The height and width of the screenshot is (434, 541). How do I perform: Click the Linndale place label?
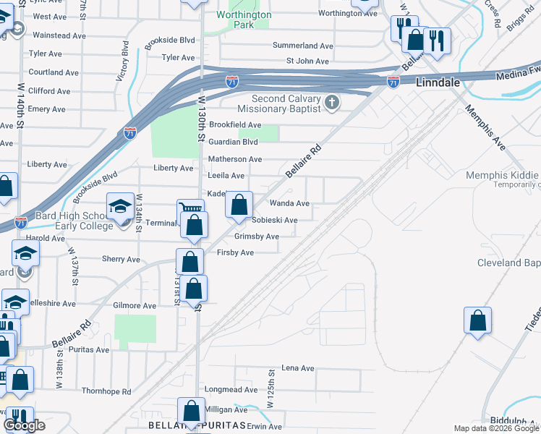438,82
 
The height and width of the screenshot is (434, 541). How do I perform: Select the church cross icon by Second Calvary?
332,102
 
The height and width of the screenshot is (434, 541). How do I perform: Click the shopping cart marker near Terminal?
189,210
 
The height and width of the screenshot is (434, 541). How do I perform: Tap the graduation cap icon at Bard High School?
120,208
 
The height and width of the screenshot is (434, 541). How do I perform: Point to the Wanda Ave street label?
289,204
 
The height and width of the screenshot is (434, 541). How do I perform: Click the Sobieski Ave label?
274,221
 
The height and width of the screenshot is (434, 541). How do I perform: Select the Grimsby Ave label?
256,237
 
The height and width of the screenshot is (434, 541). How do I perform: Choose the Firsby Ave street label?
235,252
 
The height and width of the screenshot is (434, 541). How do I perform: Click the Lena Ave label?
298,368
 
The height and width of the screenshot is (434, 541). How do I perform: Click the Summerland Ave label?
302,46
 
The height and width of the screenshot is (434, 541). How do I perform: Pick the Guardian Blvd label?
233,142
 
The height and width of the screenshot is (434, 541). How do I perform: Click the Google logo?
24,425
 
